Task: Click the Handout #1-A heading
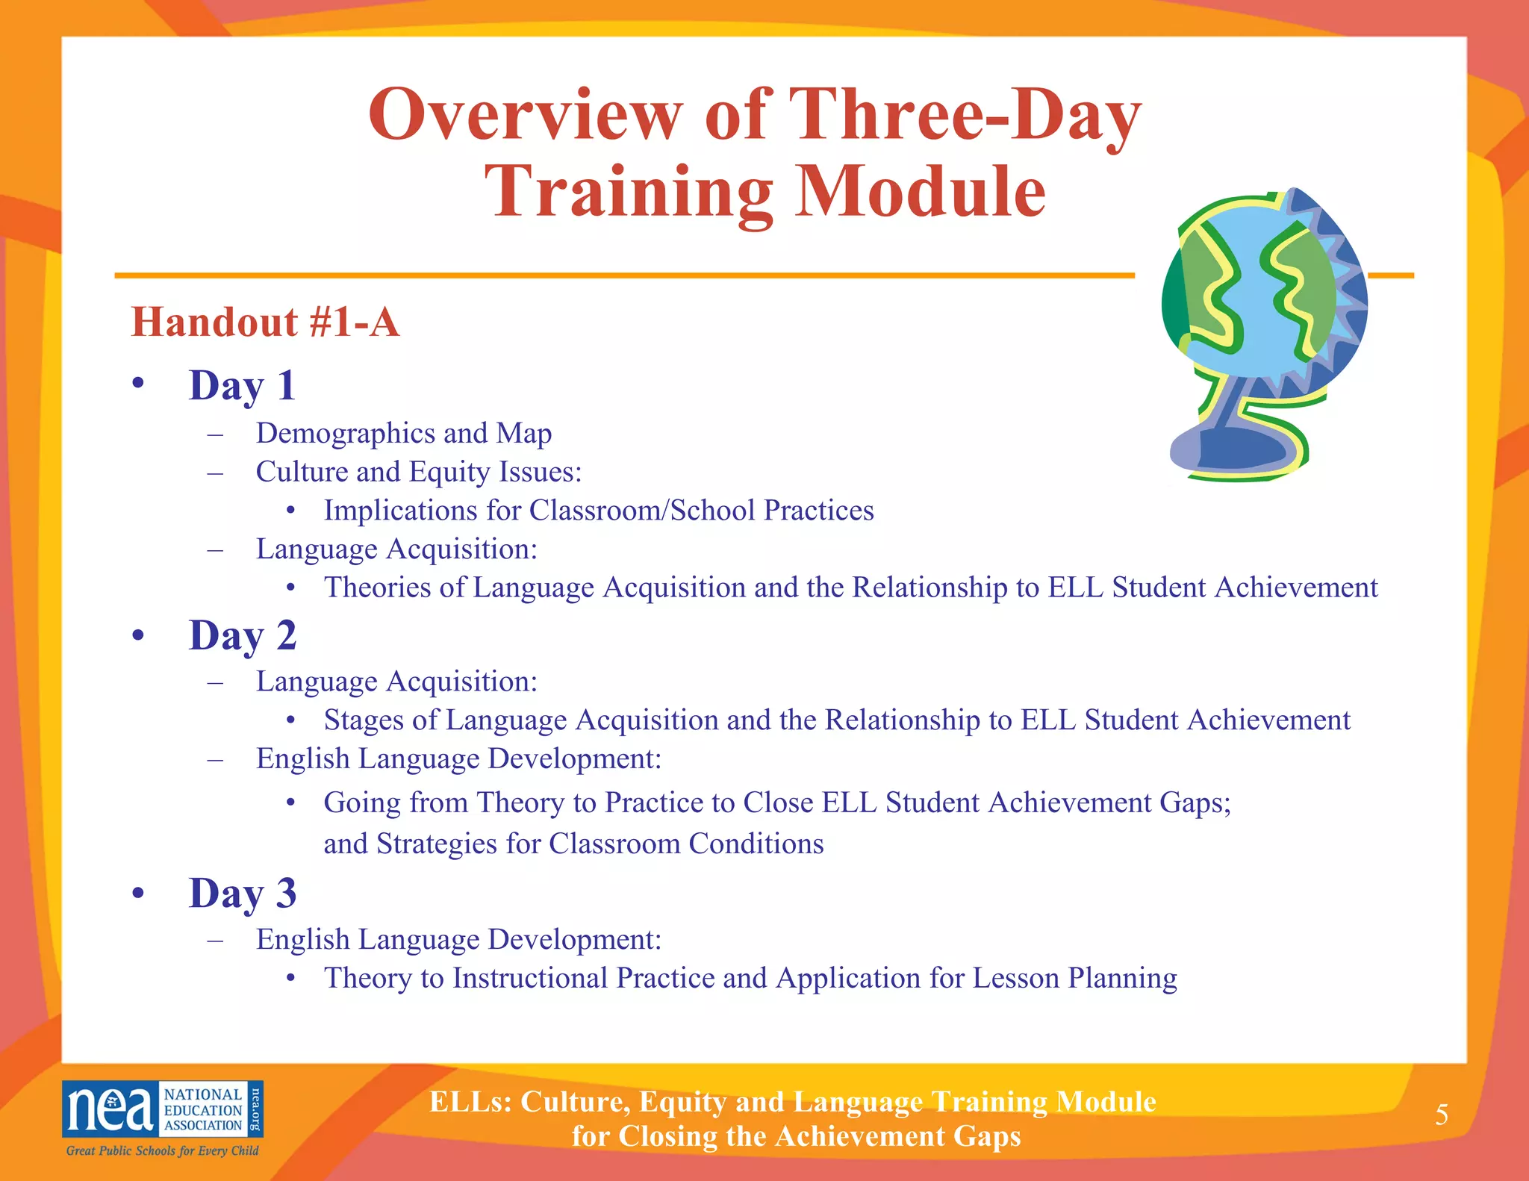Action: pyautogui.click(x=265, y=322)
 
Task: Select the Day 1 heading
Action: pyautogui.click(x=243, y=386)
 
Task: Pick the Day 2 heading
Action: pyautogui.click(x=243, y=636)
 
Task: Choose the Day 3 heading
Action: pyautogui.click(x=243, y=894)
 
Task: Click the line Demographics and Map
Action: pyautogui.click(x=403, y=434)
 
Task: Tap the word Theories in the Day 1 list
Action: pyautogui.click(x=377, y=588)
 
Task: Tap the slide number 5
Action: pyautogui.click(x=1442, y=1115)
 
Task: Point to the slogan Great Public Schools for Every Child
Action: pyautogui.click(x=162, y=1150)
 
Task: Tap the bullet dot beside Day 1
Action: pyautogui.click(x=137, y=384)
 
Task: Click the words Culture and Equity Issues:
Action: pyautogui.click(x=418, y=473)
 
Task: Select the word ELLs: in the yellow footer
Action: pyautogui.click(x=470, y=1102)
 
